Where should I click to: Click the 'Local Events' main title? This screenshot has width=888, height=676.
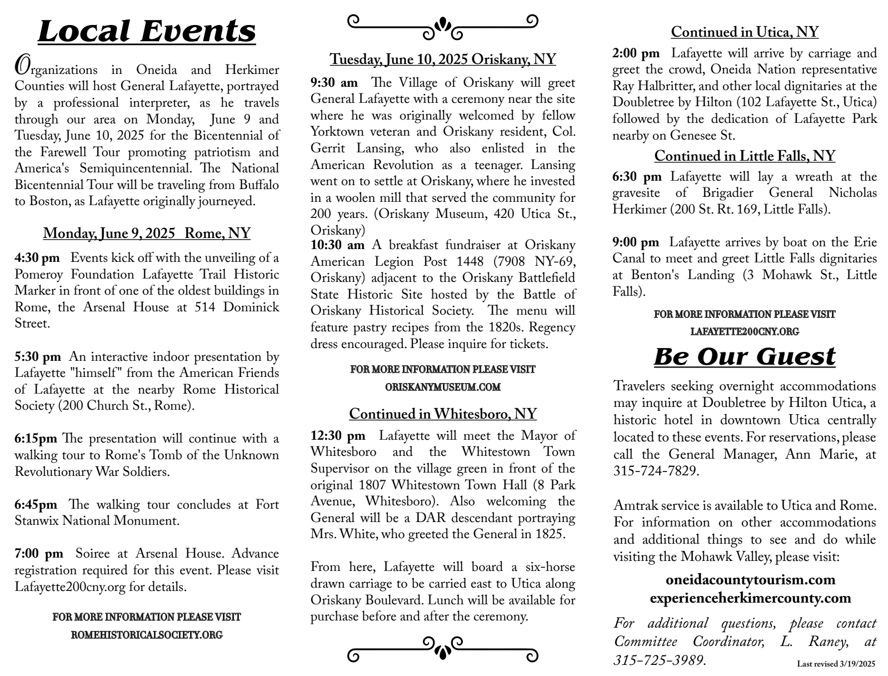pyautogui.click(x=147, y=31)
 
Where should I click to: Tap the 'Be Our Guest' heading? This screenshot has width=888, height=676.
pyautogui.click(x=744, y=356)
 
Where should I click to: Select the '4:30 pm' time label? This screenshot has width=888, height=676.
pyautogui.click(x=37, y=258)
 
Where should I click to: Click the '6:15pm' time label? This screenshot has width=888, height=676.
pyautogui.click(x=36, y=439)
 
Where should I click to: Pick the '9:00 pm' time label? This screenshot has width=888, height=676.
pyautogui.click(x=636, y=242)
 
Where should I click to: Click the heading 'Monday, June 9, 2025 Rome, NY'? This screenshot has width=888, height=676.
pyautogui.click(x=147, y=233)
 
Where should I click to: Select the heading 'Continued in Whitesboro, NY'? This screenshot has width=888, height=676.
pyautogui.click(x=443, y=414)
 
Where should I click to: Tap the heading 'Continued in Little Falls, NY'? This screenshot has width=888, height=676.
pyautogui.click(x=745, y=156)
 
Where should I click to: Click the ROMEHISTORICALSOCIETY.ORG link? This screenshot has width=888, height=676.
pyautogui.click(x=147, y=635)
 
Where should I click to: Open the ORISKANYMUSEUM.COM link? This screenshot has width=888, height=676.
pyautogui.click(x=443, y=387)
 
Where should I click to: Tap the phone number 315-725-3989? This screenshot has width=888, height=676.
pyautogui.click(x=659, y=660)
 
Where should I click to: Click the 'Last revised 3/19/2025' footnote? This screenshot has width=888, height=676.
pyautogui.click(x=836, y=664)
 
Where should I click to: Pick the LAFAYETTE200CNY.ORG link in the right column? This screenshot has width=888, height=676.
pyautogui.click(x=745, y=332)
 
